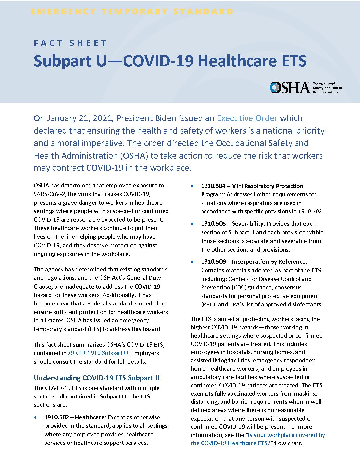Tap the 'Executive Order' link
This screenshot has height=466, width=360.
247,118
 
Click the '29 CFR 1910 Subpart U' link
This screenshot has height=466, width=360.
98,353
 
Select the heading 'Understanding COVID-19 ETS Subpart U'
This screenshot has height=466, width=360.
97,378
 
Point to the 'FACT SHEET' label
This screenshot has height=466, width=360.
70,43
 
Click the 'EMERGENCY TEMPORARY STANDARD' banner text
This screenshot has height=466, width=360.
132,12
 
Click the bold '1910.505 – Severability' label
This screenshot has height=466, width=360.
232,224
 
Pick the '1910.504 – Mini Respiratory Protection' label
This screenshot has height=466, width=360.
252,186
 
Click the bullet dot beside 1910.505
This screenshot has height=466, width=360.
192,224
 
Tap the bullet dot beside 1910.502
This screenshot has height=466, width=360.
35,418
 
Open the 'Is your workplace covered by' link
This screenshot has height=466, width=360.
286,435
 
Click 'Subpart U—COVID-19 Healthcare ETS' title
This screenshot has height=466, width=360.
170,61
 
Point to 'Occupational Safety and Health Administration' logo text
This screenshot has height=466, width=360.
327,88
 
